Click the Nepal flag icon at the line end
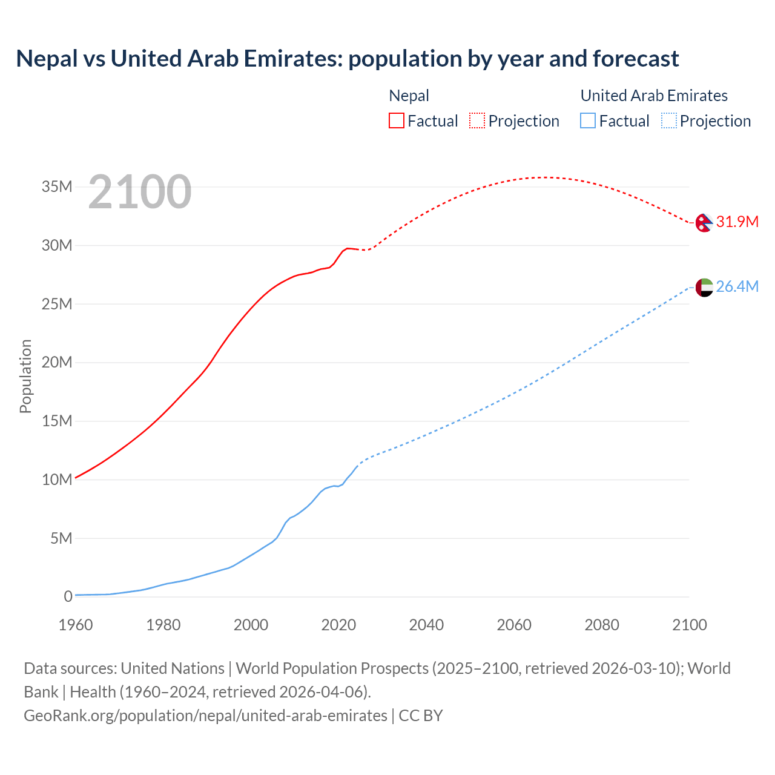pyautogui.click(x=704, y=223)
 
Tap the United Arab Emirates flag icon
pyautogui.click(x=704, y=287)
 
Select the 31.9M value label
pyautogui.click(x=737, y=222)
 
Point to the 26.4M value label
pyautogui.click(x=737, y=286)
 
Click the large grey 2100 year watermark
pyautogui.click(x=140, y=192)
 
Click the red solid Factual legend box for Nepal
pyautogui.click(x=396, y=120)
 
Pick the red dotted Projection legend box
pyautogui.click(x=477, y=120)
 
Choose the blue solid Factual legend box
pyautogui.click(x=588, y=120)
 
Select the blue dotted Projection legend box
pyautogui.click(x=668, y=120)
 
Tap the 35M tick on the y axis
pyautogui.click(x=57, y=186)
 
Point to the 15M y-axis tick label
pyautogui.click(x=57, y=421)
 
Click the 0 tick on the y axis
pyautogui.click(x=68, y=596)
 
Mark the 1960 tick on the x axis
pyautogui.click(x=76, y=625)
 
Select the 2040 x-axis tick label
pyautogui.click(x=426, y=625)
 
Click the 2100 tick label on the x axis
pyautogui.click(x=690, y=625)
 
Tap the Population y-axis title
pyautogui.click(x=25, y=376)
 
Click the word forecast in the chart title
pyautogui.click(x=636, y=59)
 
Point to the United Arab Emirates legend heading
pyautogui.click(x=654, y=96)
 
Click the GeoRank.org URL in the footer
pyautogui.click(x=205, y=715)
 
